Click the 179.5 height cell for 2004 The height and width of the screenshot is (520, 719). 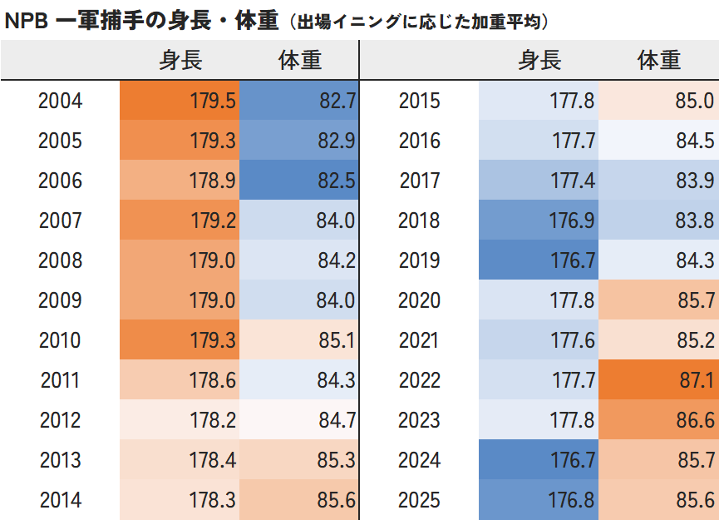coord(180,102)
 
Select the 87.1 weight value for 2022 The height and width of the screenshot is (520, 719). coord(658,381)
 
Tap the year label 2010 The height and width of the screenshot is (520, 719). coord(61,341)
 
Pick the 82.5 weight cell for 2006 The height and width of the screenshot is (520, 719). coord(299,181)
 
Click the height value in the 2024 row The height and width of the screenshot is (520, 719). coord(539,461)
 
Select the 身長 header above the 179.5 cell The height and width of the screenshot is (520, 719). coord(180,61)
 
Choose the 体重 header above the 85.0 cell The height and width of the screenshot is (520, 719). coord(659,61)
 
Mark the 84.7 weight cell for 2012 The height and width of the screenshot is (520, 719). coord(299,421)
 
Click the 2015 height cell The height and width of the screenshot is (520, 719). coord(539,102)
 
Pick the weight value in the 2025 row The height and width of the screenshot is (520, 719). coord(658,501)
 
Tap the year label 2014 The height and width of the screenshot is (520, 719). coord(61,501)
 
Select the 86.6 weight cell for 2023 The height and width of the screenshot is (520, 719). coord(658,421)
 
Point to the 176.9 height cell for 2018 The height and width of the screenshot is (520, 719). coord(539,221)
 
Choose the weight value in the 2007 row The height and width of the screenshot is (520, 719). coord(299,221)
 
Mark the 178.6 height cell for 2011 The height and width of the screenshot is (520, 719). coord(180,381)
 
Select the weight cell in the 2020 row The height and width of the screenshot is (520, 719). coord(658,301)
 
